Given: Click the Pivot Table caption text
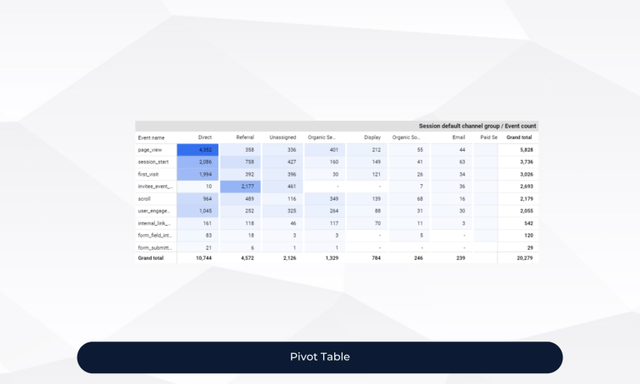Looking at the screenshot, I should coord(320,357).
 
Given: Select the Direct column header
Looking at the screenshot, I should coord(205,137).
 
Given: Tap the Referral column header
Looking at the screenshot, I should coord(245,137).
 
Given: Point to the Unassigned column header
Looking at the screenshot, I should coord(282,137).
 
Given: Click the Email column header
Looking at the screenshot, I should coord(458,137).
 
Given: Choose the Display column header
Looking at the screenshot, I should coord(372,137).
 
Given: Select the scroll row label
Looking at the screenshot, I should coord(145,199).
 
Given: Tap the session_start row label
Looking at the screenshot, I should coord(153,162).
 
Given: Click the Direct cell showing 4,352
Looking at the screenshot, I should coord(204,150).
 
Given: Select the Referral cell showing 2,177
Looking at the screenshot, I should coord(245,187).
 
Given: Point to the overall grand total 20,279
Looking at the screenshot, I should coord(521,258).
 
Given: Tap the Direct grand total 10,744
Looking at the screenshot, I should coord(203,258).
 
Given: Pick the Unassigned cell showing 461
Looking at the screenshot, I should coord(292,187).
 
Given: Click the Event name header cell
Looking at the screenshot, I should coord(152,137).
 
